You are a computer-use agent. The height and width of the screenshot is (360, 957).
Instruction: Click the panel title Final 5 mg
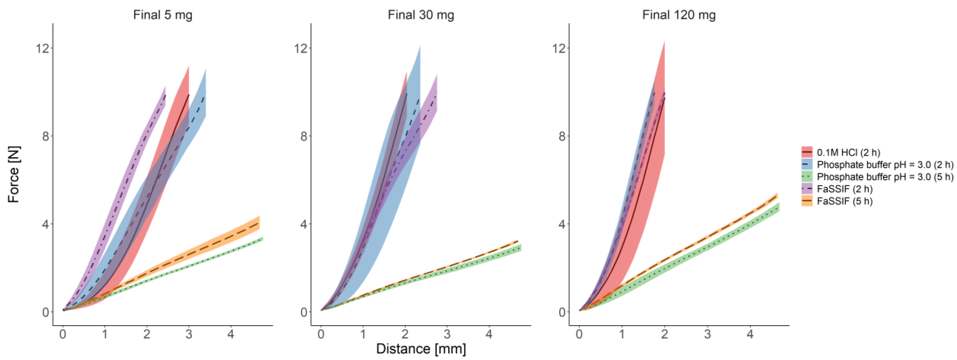pos(163,15)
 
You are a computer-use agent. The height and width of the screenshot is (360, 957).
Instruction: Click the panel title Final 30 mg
pos(421,15)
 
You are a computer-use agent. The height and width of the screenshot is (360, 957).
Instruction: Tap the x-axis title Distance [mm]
pos(421,349)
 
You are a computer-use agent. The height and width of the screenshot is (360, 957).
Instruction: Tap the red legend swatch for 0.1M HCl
pos(807,152)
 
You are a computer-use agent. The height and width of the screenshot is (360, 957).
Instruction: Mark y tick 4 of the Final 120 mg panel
pos(562,224)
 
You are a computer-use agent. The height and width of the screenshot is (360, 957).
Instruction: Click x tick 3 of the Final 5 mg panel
pos(189,334)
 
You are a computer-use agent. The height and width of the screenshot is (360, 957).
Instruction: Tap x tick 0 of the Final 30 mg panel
pos(321,334)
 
